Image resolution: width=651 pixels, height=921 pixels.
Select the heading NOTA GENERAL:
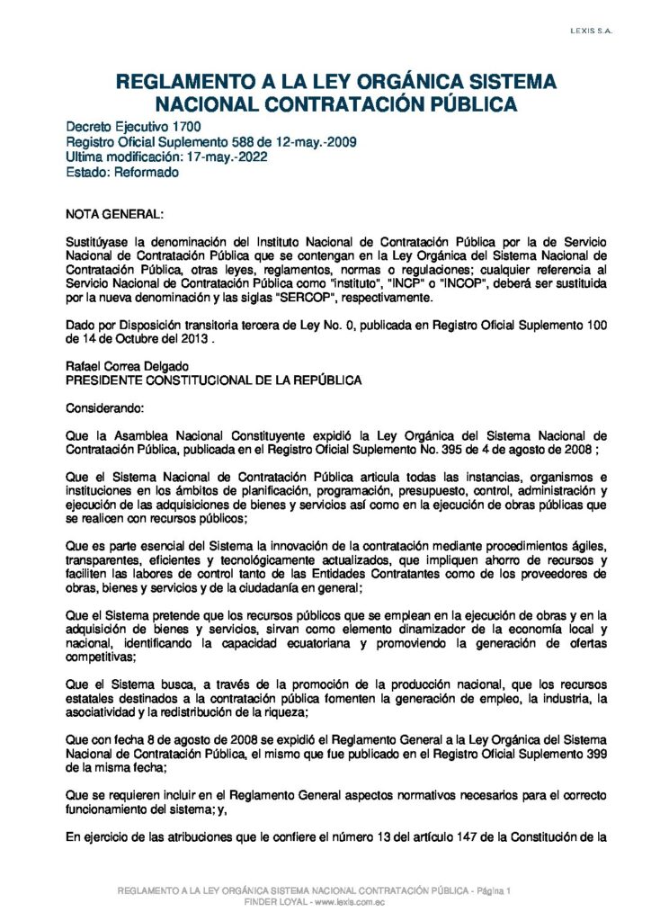point(115,215)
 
